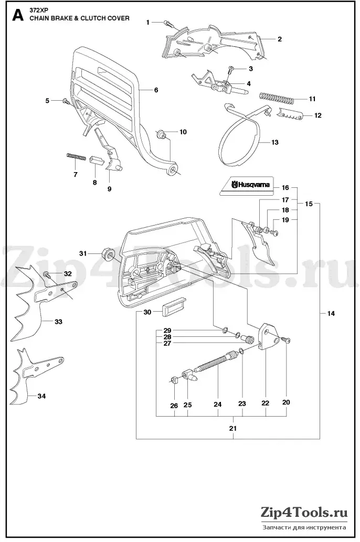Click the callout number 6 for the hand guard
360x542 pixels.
point(156,90)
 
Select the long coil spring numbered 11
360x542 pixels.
point(277,98)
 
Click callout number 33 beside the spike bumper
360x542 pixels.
point(58,322)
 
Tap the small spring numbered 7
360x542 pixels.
point(76,157)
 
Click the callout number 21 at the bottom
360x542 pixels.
point(233,428)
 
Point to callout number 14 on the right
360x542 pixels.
point(331,313)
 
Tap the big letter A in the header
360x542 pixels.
point(18,15)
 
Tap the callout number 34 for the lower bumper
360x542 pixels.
point(41,396)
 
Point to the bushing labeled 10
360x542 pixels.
point(162,134)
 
